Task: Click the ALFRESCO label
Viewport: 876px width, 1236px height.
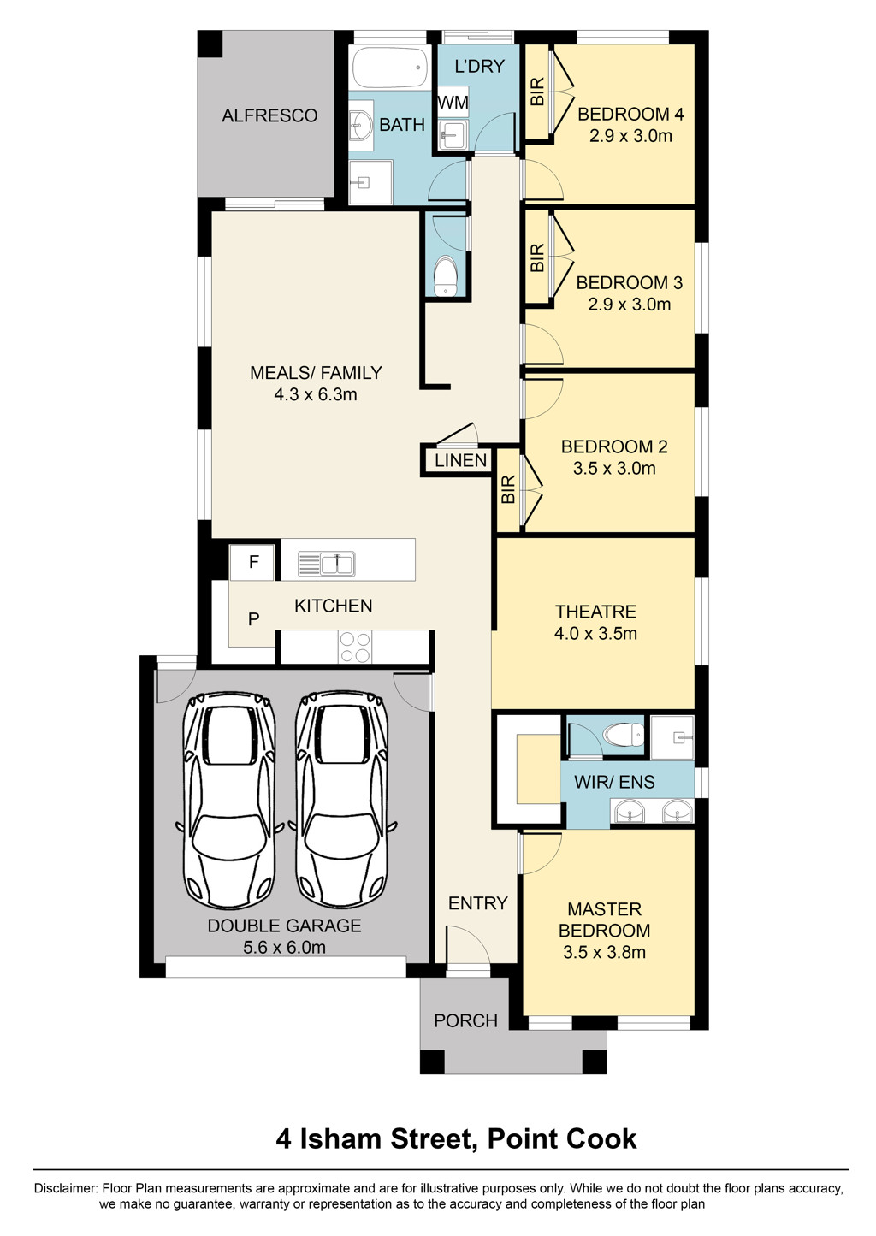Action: tap(269, 115)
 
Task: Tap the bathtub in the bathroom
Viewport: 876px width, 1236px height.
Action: tap(391, 68)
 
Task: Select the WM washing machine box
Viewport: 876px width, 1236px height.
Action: tap(453, 102)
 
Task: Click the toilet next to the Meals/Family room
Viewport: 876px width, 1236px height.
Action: tap(445, 275)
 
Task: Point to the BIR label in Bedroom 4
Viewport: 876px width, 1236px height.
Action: tap(537, 92)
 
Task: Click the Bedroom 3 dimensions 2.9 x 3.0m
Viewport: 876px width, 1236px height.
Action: tap(630, 304)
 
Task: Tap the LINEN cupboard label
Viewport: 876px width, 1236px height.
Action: tap(461, 460)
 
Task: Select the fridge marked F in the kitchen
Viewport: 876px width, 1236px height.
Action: tap(252, 562)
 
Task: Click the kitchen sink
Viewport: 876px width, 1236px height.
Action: tap(326, 564)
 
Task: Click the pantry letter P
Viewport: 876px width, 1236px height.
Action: tap(253, 619)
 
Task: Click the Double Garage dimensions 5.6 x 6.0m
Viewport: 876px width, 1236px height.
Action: tap(284, 948)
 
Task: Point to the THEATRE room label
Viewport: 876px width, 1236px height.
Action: tap(595, 612)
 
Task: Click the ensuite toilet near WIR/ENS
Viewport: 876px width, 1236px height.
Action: tap(623, 735)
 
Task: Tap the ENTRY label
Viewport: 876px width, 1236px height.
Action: tap(478, 903)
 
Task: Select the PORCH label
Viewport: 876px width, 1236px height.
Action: tap(466, 1020)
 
